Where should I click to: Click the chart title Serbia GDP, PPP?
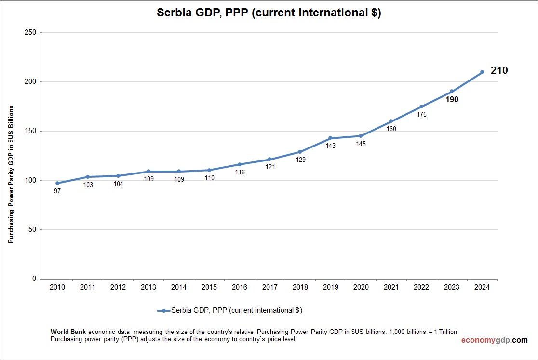[x=269, y=13]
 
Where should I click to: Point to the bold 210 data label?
[x=499, y=70]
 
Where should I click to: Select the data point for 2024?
[x=482, y=72]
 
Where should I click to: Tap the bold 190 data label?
[x=452, y=100]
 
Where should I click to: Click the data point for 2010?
[x=57, y=183]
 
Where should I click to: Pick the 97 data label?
[x=57, y=191]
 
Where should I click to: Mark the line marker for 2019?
[x=330, y=138]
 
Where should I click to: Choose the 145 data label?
[x=361, y=144]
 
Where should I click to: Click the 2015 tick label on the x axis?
[x=209, y=287]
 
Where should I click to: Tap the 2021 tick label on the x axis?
[x=391, y=287]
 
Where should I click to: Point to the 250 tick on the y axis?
[x=30, y=33]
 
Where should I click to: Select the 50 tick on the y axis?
[x=32, y=230]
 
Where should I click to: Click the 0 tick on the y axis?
[x=34, y=279]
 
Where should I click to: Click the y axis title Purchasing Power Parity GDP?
[x=11, y=173]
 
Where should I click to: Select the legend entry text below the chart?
[x=237, y=310]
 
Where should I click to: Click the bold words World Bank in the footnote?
[x=68, y=332]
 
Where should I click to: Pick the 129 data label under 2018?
[x=300, y=160]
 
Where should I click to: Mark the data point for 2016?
[x=239, y=164]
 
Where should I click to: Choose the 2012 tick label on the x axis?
[x=118, y=287]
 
